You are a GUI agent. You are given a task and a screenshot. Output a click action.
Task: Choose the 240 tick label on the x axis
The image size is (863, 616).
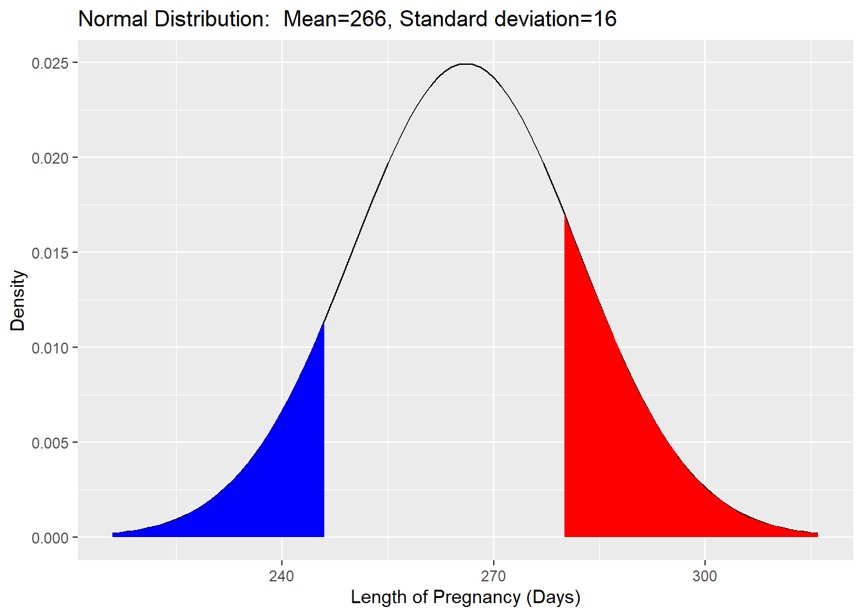[x=281, y=576]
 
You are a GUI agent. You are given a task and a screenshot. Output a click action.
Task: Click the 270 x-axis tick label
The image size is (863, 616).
[x=493, y=576]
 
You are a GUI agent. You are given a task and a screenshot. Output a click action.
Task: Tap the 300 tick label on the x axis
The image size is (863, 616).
[x=704, y=576]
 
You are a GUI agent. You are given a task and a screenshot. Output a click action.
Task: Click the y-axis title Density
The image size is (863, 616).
[x=18, y=300]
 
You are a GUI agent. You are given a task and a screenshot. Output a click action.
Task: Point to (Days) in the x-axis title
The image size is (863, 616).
[x=553, y=597]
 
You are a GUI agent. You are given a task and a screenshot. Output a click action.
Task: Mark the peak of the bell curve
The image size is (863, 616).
[x=467, y=64]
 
